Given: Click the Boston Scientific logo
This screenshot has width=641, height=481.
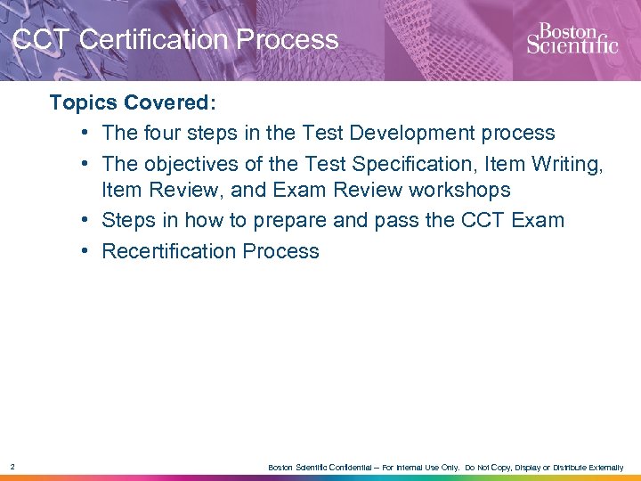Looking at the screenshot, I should pos(572,38).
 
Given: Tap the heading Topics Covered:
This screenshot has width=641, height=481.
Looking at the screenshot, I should pos(133,102).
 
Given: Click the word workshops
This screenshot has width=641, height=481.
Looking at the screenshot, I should pos(458,191).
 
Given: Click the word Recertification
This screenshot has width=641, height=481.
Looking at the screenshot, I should pos(166,251).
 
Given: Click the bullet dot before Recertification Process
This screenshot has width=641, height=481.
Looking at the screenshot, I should pos(82,251).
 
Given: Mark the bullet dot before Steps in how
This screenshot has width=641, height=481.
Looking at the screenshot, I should pos(82,220).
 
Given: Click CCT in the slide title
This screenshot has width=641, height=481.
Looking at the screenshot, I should pos(42,40).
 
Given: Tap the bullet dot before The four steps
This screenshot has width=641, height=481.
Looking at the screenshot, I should pos(82,134).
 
